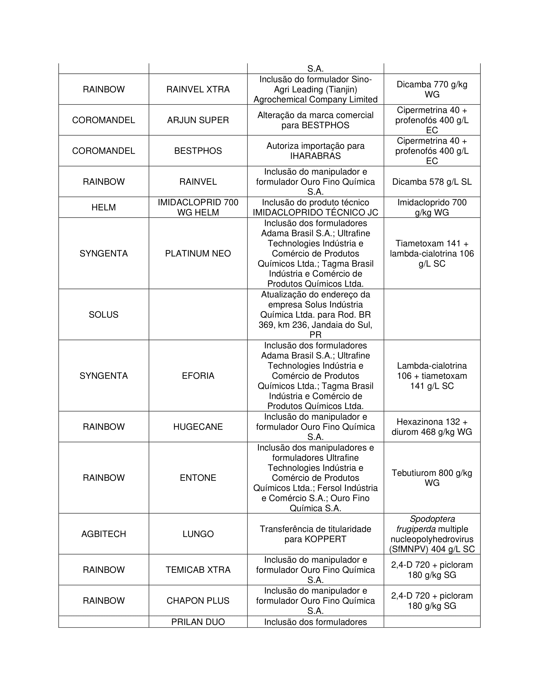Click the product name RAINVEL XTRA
198,89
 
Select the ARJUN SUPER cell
198,120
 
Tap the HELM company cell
103,208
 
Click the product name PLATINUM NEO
198,253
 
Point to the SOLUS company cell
103,315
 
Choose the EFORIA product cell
198,376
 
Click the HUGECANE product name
198,427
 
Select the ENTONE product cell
198,478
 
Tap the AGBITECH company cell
103,534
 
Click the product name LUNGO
198,534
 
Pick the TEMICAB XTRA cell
198,570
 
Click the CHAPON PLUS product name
198,601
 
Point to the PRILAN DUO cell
198,622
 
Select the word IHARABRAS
315,156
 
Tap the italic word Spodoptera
432,519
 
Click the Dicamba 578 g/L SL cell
432,182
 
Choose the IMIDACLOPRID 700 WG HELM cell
198,208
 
